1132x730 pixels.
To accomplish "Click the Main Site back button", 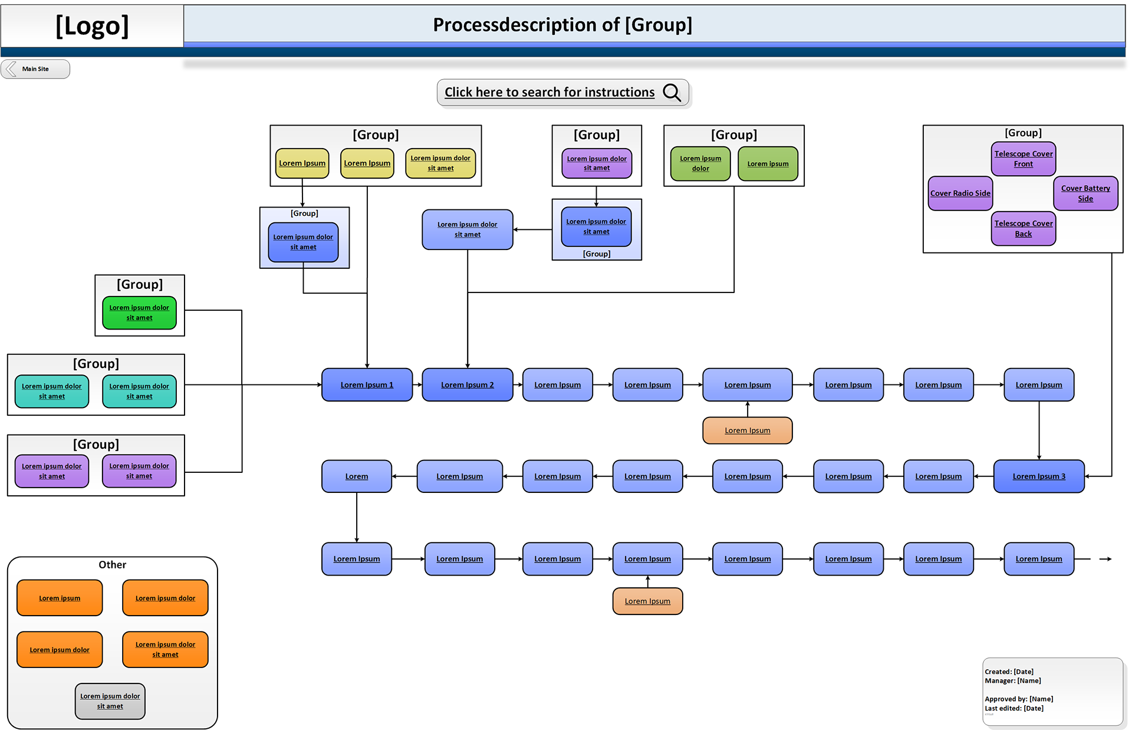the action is [x=35, y=69].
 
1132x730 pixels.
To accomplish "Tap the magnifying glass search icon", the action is [x=672, y=93].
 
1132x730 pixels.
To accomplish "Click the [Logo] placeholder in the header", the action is [x=92, y=26].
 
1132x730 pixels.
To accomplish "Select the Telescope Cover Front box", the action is [x=1024, y=159].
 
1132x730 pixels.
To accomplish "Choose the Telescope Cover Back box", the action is [x=1024, y=228].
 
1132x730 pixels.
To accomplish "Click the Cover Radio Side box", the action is [x=960, y=193].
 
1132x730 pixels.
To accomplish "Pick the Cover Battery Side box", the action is [x=1085, y=193].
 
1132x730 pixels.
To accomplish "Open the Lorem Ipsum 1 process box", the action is [x=367, y=385].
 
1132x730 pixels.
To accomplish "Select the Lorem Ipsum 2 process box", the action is [x=468, y=385].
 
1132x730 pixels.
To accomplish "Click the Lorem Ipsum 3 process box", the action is [x=1039, y=476].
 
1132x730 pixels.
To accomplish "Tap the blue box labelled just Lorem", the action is [x=357, y=476].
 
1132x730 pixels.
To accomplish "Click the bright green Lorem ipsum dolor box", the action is [x=139, y=313].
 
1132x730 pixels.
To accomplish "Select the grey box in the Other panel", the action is [x=110, y=701].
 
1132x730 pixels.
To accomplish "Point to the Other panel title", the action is [x=112, y=565].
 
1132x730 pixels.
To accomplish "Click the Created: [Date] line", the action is [x=1009, y=672].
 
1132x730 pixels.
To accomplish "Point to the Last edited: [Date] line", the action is [x=1014, y=708].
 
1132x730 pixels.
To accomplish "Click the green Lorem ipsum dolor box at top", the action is [x=700, y=163].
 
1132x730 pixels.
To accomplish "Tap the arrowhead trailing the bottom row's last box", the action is [x=1109, y=559].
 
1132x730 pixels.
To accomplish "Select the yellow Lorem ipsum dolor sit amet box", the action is [x=440, y=163].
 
